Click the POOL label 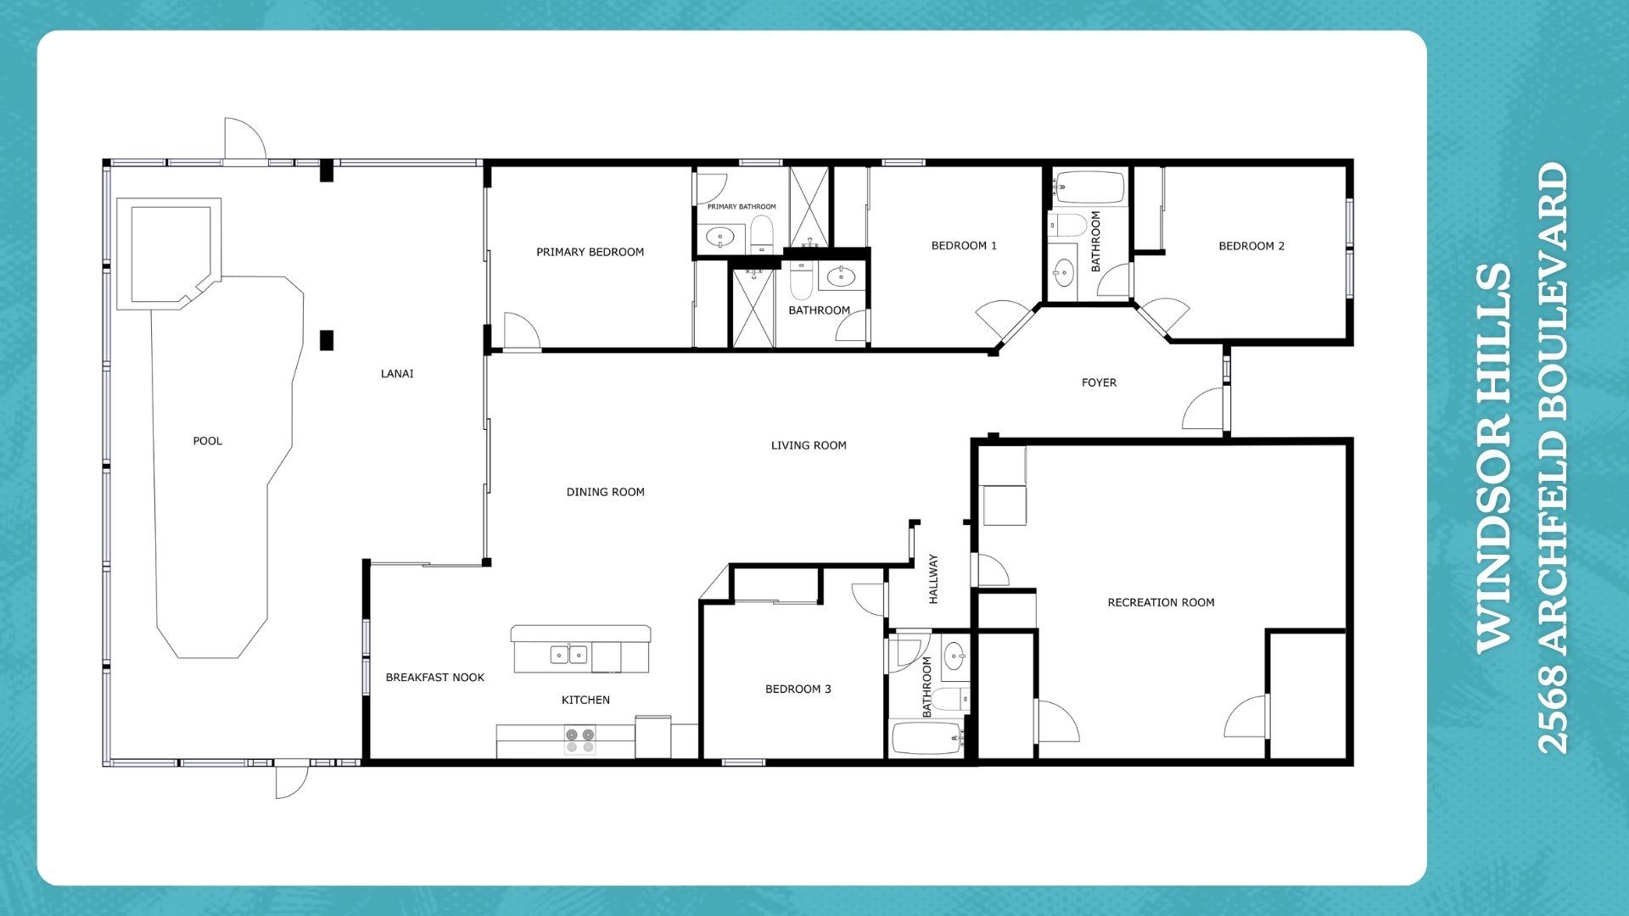[x=208, y=441]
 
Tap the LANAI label [x=397, y=373]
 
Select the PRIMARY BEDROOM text [x=591, y=252]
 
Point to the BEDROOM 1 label [x=964, y=246]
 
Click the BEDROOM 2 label [x=1251, y=246]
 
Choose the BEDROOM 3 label [x=798, y=689]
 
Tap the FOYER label [x=1099, y=383]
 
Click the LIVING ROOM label [x=809, y=445]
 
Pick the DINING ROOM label [x=606, y=492]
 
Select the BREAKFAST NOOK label [x=435, y=677]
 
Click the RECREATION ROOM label [x=1161, y=602]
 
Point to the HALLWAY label [x=933, y=578]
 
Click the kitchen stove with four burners [x=580, y=740]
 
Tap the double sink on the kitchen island [x=569, y=654]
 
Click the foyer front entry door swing [x=1203, y=408]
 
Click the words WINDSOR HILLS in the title [x=1494, y=458]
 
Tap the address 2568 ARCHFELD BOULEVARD [x=1553, y=458]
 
